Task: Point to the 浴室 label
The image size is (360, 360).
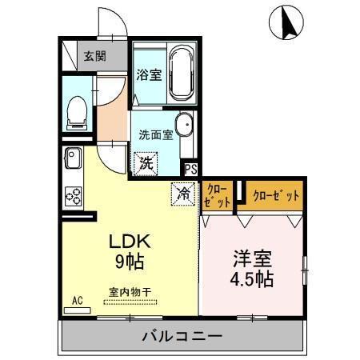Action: click(149, 77)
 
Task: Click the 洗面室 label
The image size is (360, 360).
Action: click(156, 134)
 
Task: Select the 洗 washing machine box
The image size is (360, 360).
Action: click(146, 163)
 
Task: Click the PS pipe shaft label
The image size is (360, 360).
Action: click(191, 169)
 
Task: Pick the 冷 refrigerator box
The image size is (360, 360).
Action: click(183, 192)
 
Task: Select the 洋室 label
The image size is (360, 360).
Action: click(253, 259)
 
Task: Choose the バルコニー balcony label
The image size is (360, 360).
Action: click(183, 335)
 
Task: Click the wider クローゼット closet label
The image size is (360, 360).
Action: click(275, 194)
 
